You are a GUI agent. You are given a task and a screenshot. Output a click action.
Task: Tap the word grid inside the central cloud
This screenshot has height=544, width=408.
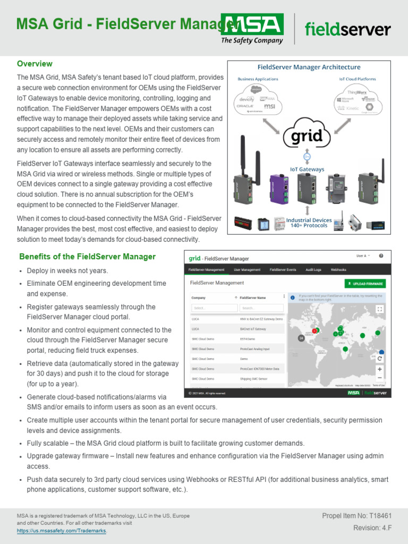pos(306,136)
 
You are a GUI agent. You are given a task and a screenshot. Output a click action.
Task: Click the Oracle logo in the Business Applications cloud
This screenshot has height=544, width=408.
pos(244,106)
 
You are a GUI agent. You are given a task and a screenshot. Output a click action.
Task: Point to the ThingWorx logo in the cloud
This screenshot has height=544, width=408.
pos(356,92)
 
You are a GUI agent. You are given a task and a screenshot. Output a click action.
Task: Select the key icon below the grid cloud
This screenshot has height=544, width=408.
pos(306,157)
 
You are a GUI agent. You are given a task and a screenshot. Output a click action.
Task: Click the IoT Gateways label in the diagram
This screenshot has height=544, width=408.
pos(307,169)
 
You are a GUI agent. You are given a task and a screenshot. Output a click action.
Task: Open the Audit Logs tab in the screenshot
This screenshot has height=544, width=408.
pos(312,270)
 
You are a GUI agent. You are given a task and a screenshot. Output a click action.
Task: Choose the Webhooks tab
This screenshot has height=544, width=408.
pos(338,270)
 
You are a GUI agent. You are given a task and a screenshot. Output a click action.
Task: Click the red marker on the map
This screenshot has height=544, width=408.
pos(314,331)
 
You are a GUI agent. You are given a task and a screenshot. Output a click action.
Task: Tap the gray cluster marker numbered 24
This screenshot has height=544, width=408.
pos(301,337)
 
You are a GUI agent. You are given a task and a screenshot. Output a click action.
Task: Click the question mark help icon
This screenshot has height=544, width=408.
pos(381,256)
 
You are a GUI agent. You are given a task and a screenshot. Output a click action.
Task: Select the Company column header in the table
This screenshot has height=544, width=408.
pos(198,298)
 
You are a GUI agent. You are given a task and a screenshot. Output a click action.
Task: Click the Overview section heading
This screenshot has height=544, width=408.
pos(35,64)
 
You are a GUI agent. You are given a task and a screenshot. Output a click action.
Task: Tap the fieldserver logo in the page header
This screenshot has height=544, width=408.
pos(348,29)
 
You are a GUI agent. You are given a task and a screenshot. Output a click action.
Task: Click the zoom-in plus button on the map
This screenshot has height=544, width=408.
pos(380,369)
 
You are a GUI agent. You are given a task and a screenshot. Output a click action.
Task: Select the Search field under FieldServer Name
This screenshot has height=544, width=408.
pos(260,308)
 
